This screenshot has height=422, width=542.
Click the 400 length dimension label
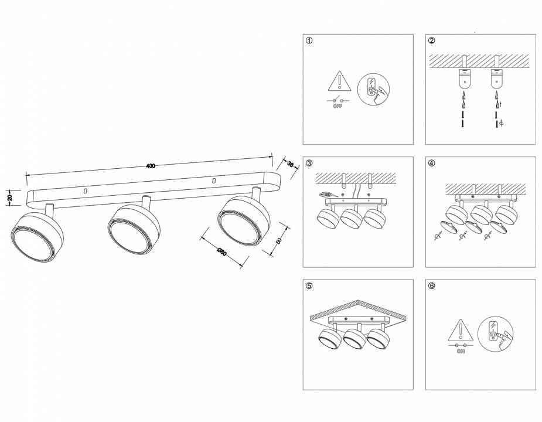click(151, 166)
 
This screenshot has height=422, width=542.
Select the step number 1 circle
click(309, 41)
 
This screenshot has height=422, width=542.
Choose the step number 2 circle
click(432, 41)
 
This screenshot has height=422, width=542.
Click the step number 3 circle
click(309, 164)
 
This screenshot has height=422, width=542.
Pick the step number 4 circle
click(432, 164)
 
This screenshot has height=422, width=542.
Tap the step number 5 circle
click(309, 286)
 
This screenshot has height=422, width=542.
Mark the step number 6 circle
click(432, 286)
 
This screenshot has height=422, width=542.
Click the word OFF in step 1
click(338, 107)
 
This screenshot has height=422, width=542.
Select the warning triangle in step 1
click(338, 81)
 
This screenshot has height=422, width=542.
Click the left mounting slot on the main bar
click(86, 191)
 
